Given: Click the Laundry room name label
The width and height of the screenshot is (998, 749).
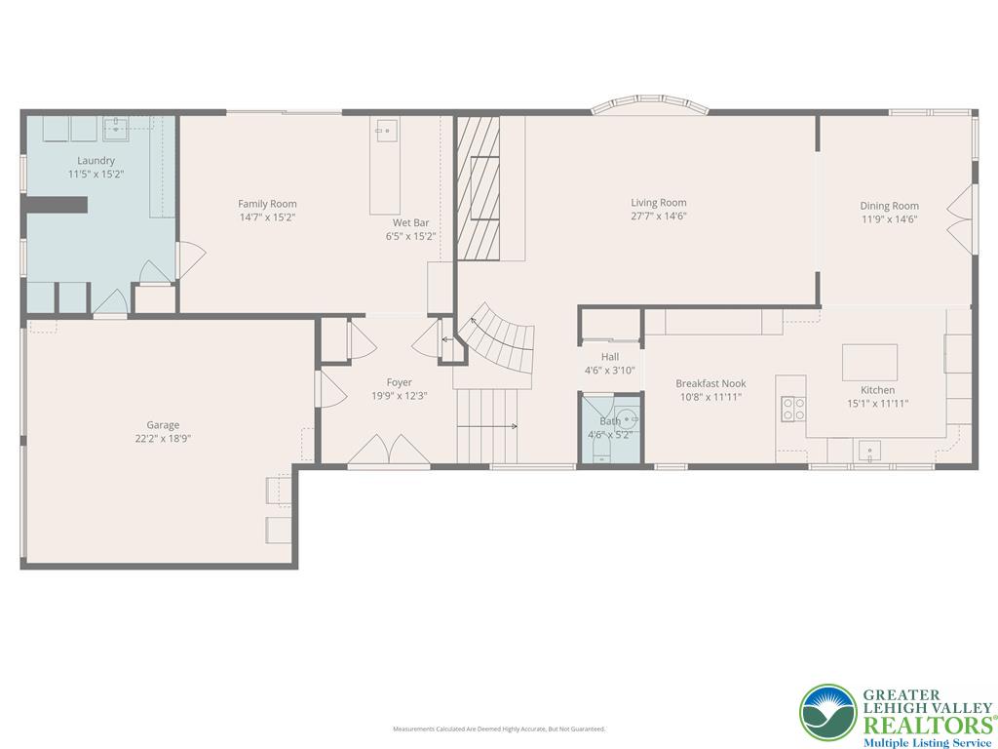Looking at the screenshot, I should click(x=96, y=160).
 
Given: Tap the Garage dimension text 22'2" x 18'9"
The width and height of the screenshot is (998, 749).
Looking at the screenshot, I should click(x=163, y=439).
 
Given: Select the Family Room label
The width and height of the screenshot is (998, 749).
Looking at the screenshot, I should click(x=267, y=204).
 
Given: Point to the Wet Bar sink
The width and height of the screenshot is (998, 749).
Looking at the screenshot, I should click(x=385, y=129).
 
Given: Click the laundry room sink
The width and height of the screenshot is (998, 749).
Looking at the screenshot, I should click(x=118, y=126).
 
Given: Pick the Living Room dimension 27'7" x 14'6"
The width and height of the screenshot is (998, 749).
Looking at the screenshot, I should click(x=659, y=217).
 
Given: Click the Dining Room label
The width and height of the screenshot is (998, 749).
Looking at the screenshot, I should click(x=889, y=206).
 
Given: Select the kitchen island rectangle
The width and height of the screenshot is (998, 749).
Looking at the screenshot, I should click(x=869, y=362).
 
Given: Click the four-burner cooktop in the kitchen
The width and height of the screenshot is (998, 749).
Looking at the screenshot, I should click(x=793, y=409).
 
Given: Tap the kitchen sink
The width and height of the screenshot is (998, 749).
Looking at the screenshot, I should click(x=867, y=451).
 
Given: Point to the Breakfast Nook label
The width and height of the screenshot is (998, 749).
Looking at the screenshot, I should click(x=710, y=383).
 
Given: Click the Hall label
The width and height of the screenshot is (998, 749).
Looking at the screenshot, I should click(x=610, y=357).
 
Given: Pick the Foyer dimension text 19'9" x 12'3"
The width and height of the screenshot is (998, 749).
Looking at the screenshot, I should click(x=399, y=396).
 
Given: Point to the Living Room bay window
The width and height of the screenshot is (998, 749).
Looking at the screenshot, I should click(x=650, y=104).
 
